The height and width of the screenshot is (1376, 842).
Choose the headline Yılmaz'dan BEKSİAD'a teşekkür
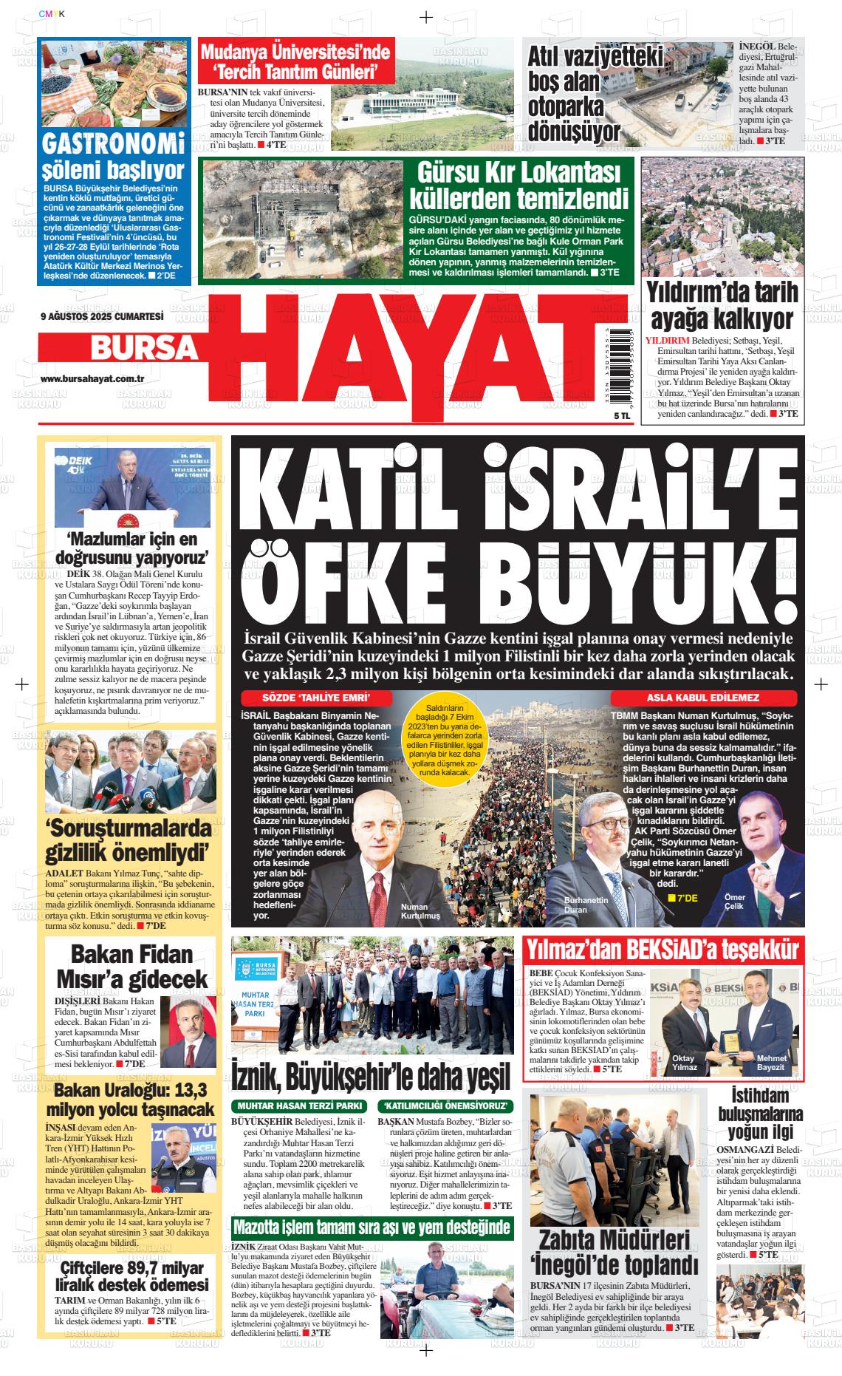tap(662, 950)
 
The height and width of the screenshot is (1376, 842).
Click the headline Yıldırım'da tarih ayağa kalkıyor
tap(710, 307)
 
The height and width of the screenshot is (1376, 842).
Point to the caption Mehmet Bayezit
tap(772, 1063)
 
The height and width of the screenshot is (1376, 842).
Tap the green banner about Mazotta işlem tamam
tap(372, 1227)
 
